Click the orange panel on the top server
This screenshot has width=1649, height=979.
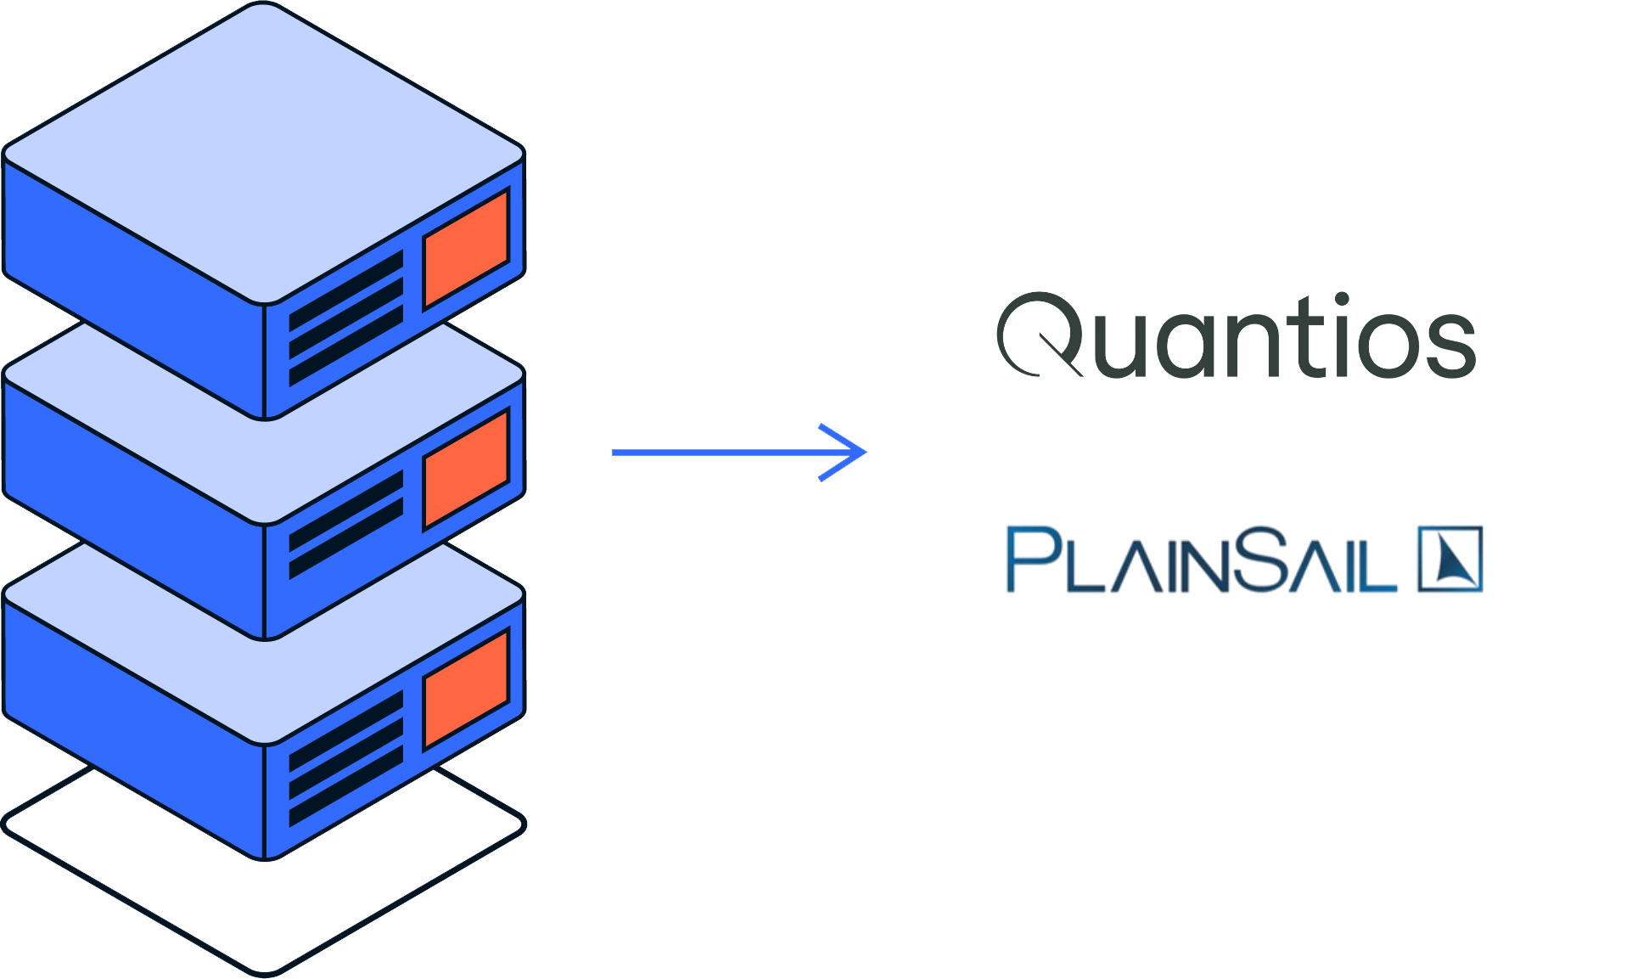pos(466,248)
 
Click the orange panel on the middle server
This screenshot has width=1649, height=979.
pos(466,469)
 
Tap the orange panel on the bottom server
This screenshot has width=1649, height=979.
pos(466,689)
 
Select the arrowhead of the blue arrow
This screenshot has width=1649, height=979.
pos(853,452)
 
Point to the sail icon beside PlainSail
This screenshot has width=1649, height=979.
pos(1451,559)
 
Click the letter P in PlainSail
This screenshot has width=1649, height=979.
pos(1029,559)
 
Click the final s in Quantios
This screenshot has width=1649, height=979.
pos(1450,345)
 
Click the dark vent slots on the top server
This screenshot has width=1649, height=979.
pos(346,318)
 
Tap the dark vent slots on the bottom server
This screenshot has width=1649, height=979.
pos(346,760)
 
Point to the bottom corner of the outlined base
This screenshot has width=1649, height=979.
pos(266,971)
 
